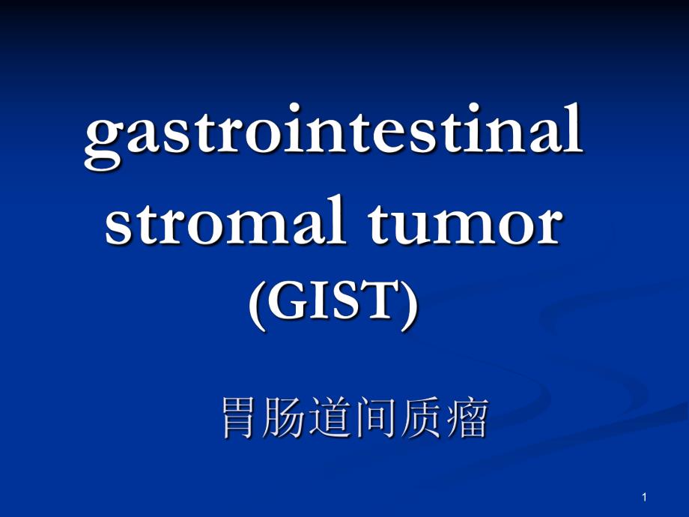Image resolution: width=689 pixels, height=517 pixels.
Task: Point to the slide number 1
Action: (644, 498)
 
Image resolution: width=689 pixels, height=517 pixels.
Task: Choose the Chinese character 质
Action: (422, 418)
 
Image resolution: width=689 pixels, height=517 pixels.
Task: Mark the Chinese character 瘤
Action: (467, 418)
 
